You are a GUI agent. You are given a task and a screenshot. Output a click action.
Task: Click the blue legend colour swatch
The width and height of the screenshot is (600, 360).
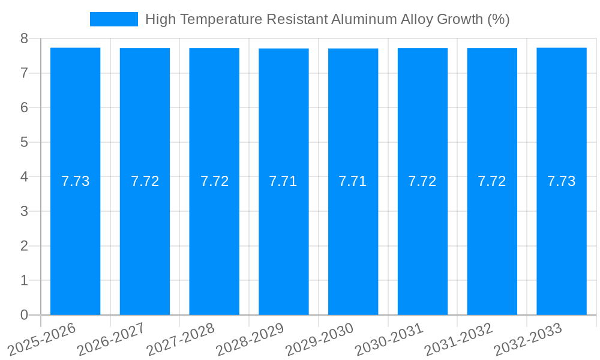[113, 19]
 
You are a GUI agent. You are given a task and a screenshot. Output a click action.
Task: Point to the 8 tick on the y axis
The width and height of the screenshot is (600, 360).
[24, 38]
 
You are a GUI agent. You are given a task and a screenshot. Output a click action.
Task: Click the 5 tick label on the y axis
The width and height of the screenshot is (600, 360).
[24, 142]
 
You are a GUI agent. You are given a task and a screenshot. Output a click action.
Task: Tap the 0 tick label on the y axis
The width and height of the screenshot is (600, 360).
[24, 315]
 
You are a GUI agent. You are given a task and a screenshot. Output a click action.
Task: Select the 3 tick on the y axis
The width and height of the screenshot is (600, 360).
[24, 211]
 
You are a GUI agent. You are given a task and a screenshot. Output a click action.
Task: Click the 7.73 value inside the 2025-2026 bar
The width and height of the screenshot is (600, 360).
[75, 181]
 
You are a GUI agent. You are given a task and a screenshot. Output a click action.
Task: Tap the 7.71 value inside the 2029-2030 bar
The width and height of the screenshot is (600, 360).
[353, 181]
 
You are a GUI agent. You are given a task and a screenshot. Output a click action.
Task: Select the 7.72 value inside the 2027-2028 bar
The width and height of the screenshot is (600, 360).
[214, 181]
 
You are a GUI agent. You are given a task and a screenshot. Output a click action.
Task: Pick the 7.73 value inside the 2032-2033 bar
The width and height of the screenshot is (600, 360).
[562, 181]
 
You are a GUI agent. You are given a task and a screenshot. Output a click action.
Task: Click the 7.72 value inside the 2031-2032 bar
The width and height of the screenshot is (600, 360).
[492, 181]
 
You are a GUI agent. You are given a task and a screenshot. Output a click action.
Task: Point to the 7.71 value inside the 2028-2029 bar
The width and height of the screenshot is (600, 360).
[283, 181]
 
